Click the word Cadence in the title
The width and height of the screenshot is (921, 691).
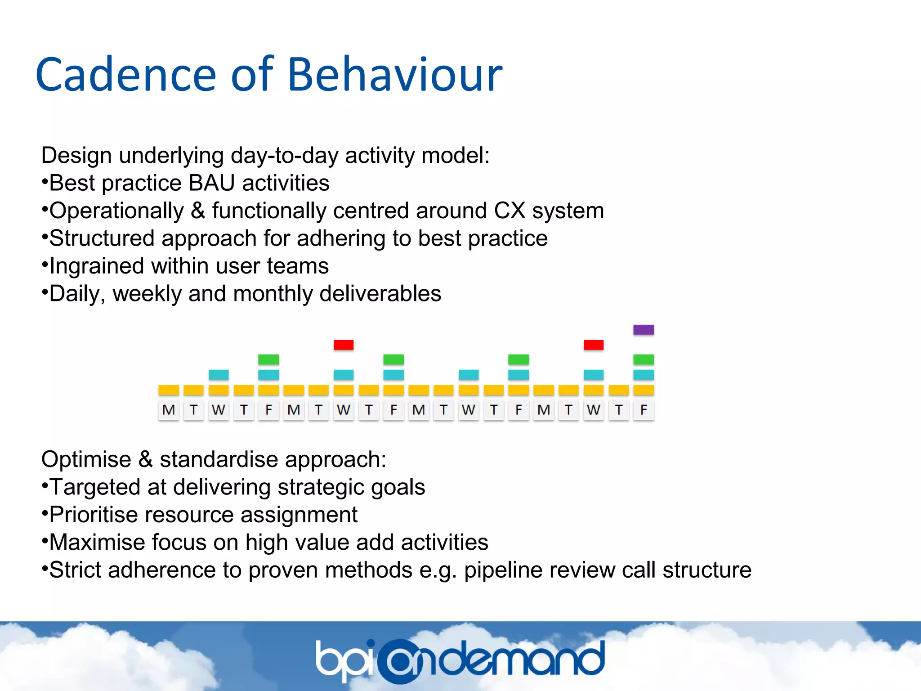[x=126, y=75]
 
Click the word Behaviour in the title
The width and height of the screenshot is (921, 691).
[x=394, y=75]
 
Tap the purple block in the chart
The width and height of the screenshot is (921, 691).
[x=643, y=330]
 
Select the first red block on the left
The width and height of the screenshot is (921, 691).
[x=344, y=345]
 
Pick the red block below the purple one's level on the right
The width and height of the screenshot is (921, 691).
[x=593, y=345]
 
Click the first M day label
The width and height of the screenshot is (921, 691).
[x=169, y=410]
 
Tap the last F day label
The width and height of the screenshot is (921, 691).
[x=644, y=410]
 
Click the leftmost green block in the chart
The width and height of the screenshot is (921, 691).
[x=268, y=359]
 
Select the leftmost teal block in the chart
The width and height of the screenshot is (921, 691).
[x=219, y=374]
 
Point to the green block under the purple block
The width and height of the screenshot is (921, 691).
[x=643, y=359]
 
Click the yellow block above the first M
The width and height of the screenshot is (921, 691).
[x=169, y=390]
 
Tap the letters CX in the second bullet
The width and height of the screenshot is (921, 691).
[x=510, y=211]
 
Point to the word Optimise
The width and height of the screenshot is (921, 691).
[x=86, y=459]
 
